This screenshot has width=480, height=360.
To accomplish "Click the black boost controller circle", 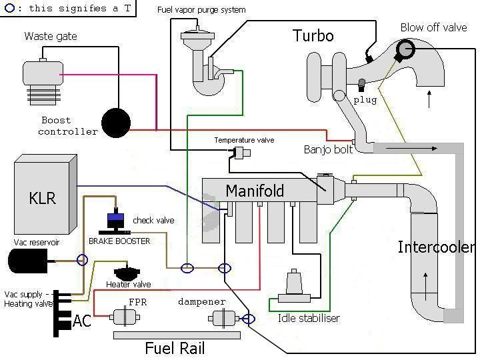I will point(117,123).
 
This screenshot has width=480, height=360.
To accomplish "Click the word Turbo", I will point(313,35).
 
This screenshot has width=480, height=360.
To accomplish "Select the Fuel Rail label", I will point(175,348).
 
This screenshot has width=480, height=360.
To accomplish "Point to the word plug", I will point(365,100).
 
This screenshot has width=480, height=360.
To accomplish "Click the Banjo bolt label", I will point(328,149).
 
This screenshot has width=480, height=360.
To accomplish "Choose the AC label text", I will point(81,321).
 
